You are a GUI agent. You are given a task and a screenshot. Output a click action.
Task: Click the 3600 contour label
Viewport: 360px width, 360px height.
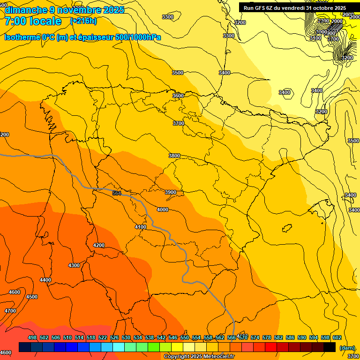pos(178,96)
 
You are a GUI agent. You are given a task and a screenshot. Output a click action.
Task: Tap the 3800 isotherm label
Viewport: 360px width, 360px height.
pos(174,156)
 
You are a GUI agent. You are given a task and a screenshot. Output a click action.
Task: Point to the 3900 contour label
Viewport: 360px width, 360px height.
pos(171,192)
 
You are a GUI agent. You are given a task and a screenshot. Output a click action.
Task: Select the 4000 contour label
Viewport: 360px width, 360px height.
pos(163,210)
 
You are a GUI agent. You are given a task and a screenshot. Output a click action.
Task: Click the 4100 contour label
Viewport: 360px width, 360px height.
pos(141,227)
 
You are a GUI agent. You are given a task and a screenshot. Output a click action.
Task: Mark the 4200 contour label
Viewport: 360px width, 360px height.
pos(99,245)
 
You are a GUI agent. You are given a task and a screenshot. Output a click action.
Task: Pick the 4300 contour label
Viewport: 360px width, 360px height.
pos(74,265)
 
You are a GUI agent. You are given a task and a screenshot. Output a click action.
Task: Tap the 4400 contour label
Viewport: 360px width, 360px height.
pos(45,280)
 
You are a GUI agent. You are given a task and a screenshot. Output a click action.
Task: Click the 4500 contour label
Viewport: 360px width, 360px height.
pos(32,297)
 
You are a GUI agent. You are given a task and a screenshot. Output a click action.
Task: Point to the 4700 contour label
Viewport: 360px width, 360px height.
pos(10,311)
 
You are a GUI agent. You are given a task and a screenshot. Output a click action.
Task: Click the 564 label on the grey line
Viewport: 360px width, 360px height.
pos(117,193)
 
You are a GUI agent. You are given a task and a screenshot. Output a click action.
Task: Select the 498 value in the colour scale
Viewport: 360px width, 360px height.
pos(32,337)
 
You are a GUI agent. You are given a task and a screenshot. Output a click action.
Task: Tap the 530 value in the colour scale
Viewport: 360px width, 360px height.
pos(126,337)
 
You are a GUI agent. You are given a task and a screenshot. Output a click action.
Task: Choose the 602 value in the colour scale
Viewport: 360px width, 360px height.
pos(337,337)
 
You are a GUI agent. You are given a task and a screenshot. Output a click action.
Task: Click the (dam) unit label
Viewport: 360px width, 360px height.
pos(347,347)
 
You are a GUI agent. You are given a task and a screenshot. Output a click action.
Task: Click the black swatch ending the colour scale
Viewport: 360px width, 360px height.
pos(330,347)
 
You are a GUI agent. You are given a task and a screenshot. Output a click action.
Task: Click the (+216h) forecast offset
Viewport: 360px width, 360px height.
pos(83,21)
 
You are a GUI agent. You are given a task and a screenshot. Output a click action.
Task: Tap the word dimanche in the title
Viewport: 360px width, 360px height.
pos(24,10)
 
